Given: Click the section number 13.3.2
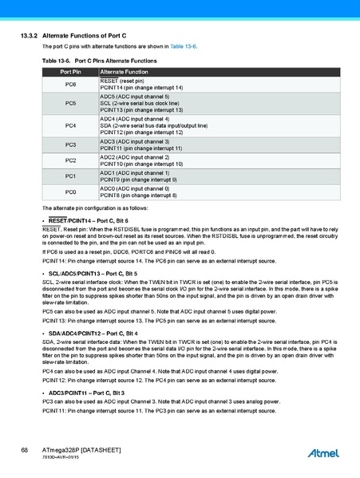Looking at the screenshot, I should (29, 37).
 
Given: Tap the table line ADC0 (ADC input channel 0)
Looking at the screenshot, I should (134, 188).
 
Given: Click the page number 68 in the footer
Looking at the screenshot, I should (25, 451).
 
